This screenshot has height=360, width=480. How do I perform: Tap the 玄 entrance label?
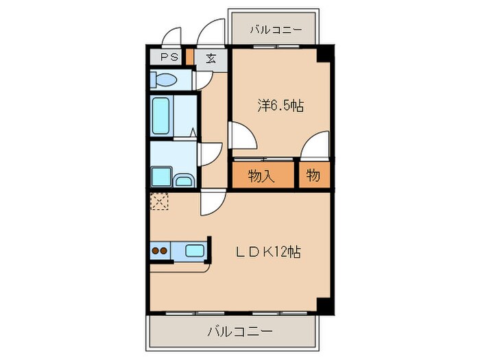pyautogui.click(x=211, y=58)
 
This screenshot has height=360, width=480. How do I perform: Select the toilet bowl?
pyautogui.click(x=163, y=80)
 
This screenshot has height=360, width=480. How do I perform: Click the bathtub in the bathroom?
pyautogui.click(x=162, y=115)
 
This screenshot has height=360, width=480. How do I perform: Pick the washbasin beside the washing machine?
pyautogui.click(x=184, y=180)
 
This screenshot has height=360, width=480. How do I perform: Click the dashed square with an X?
pyautogui.click(x=159, y=201)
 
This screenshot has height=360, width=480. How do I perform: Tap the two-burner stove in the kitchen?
pyautogui.click(x=160, y=251)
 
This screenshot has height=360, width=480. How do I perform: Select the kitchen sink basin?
pyautogui.click(x=194, y=251)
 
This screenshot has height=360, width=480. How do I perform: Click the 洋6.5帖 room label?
pyautogui.click(x=280, y=106)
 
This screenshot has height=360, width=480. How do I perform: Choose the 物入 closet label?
pyautogui.click(x=261, y=176)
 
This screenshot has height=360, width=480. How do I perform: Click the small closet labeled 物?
pyautogui.click(x=313, y=176)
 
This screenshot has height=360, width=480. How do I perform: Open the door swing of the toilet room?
pyautogui.click(x=204, y=81)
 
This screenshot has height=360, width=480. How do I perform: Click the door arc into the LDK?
pyautogui.click(x=213, y=203)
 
